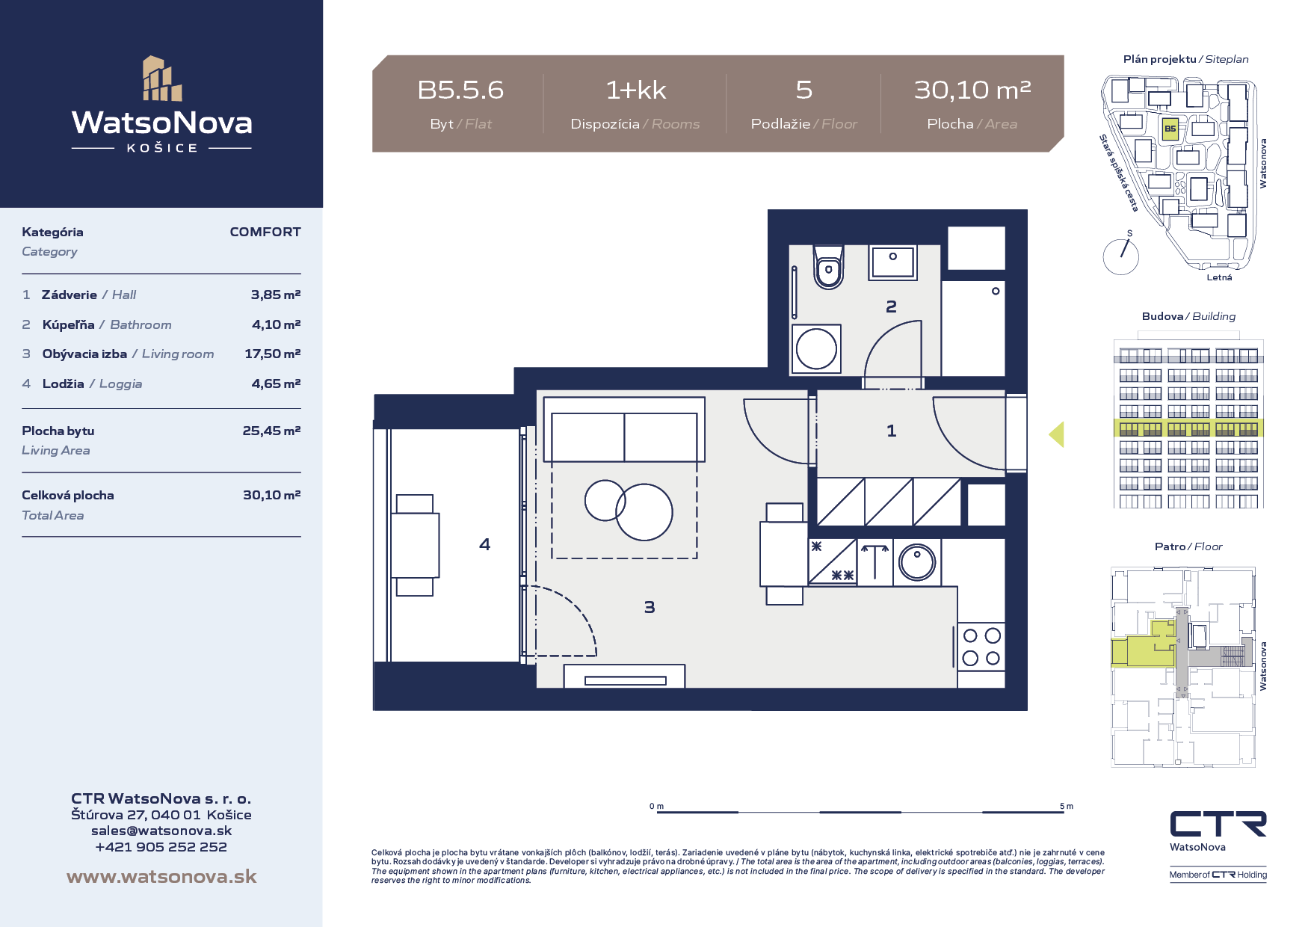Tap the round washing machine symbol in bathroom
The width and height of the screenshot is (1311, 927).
tap(816, 348)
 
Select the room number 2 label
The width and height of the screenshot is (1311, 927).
tap(891, 307)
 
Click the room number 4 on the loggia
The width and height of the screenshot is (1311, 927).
tap(484, 544)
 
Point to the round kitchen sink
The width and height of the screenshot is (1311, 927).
tap(917, 562)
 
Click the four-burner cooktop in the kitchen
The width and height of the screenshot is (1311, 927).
tap(981, 647)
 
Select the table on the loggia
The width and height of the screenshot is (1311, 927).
tap(415, 545)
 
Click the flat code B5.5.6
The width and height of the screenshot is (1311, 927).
tap(460, 90)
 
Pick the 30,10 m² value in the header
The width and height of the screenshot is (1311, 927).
tap(972, 90)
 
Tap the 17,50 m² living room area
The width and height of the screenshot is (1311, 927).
tap(272, 354)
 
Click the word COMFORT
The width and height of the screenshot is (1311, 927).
tap(265, 232)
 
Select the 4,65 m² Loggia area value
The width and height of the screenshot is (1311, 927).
tap(276, 384)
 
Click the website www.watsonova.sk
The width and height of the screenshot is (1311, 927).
tap(161, 876)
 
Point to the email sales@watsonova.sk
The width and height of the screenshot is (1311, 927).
tap(161, 831)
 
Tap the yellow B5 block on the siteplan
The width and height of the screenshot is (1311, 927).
tap(1170, 129)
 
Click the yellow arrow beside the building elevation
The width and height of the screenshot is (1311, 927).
tap(1056, 434)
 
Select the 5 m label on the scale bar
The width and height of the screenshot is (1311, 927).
tap(1067, 806)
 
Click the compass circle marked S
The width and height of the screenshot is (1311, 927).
tap(1120, 256)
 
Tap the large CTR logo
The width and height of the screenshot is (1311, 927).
tap(1218, 824)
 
